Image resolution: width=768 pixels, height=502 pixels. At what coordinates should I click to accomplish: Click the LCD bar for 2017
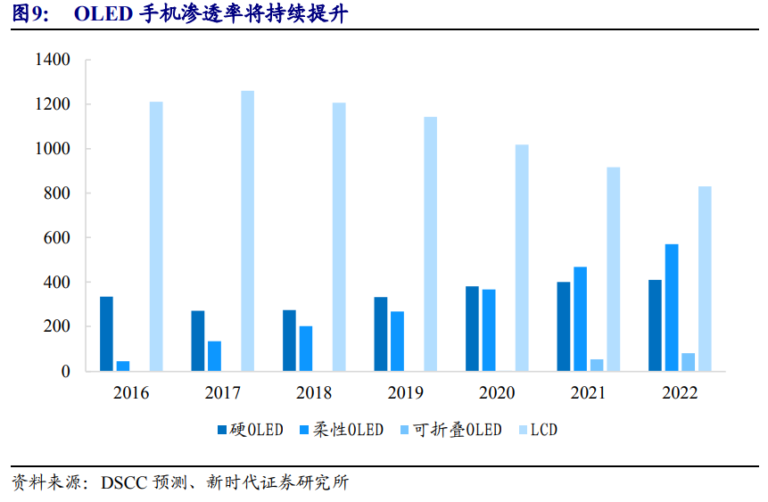point(247,231)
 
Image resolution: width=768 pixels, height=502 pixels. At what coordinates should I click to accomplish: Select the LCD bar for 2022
point(705,278)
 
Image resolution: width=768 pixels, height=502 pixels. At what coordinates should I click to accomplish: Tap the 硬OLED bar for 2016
point(106,333)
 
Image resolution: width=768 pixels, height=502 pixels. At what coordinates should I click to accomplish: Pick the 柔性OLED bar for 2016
point(123,366)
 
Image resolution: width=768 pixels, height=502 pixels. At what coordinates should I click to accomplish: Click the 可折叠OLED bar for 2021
point(597,365)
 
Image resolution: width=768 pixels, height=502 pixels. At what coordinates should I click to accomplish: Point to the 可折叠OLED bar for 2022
point(688,362)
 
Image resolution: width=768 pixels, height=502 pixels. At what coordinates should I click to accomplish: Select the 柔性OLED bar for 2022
point(671,308)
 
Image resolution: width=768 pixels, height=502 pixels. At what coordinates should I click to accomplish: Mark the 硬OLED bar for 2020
point(472,328)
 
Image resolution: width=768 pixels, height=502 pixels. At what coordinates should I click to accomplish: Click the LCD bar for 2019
point(430,243)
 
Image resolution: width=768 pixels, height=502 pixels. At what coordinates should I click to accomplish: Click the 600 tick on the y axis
point(56,238)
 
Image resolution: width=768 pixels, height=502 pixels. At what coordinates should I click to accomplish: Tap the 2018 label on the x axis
point(314,393)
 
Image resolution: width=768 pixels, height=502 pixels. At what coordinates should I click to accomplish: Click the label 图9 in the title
point(30,14)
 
